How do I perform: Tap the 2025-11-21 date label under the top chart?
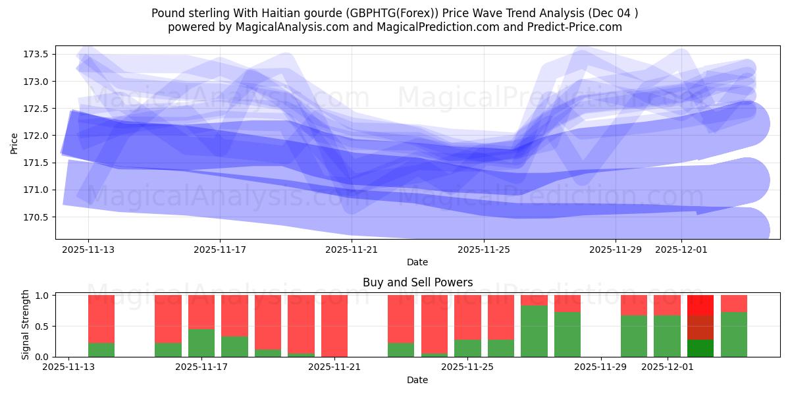[x=352, y=250]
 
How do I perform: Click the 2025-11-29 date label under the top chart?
[x=615, y=250]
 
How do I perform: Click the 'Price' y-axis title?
[x=14, y=142]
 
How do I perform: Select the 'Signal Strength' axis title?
[x=25, y=325]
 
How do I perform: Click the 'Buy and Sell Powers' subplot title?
[x=417, y=282]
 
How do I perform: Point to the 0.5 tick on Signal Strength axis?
[x=42, y=326]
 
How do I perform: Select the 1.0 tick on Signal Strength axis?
[x=42, y=296]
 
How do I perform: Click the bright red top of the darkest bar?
[x=700, y=305]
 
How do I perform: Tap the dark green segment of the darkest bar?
[x=700, y=348]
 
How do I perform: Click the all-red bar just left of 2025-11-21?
[x=334, y=326]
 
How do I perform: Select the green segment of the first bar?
[x=101, y=350]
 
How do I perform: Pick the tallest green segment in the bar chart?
[x=534, y=331]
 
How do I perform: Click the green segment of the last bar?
[x=734, y=334]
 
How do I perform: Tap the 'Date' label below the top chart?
[x=417, y=262]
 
